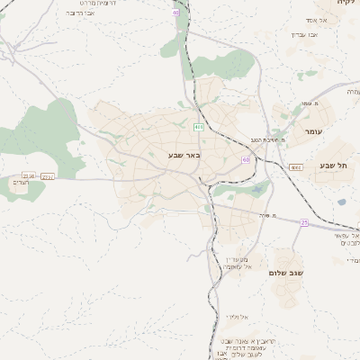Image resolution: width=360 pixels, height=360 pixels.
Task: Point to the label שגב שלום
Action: (287, 273)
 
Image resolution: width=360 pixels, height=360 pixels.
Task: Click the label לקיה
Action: (346, 4)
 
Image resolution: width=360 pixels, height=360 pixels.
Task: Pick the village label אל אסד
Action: (323, 20)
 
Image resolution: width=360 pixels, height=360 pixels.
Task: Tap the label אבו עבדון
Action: (305, 34)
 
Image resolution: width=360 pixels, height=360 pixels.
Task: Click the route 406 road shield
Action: (198, 127)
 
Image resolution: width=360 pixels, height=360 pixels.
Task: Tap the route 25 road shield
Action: (304, 222)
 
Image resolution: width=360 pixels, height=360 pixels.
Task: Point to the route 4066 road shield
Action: (296, 167)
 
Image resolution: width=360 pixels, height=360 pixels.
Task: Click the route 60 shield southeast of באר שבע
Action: (245, 159)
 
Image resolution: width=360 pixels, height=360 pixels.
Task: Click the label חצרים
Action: (22, 184)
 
